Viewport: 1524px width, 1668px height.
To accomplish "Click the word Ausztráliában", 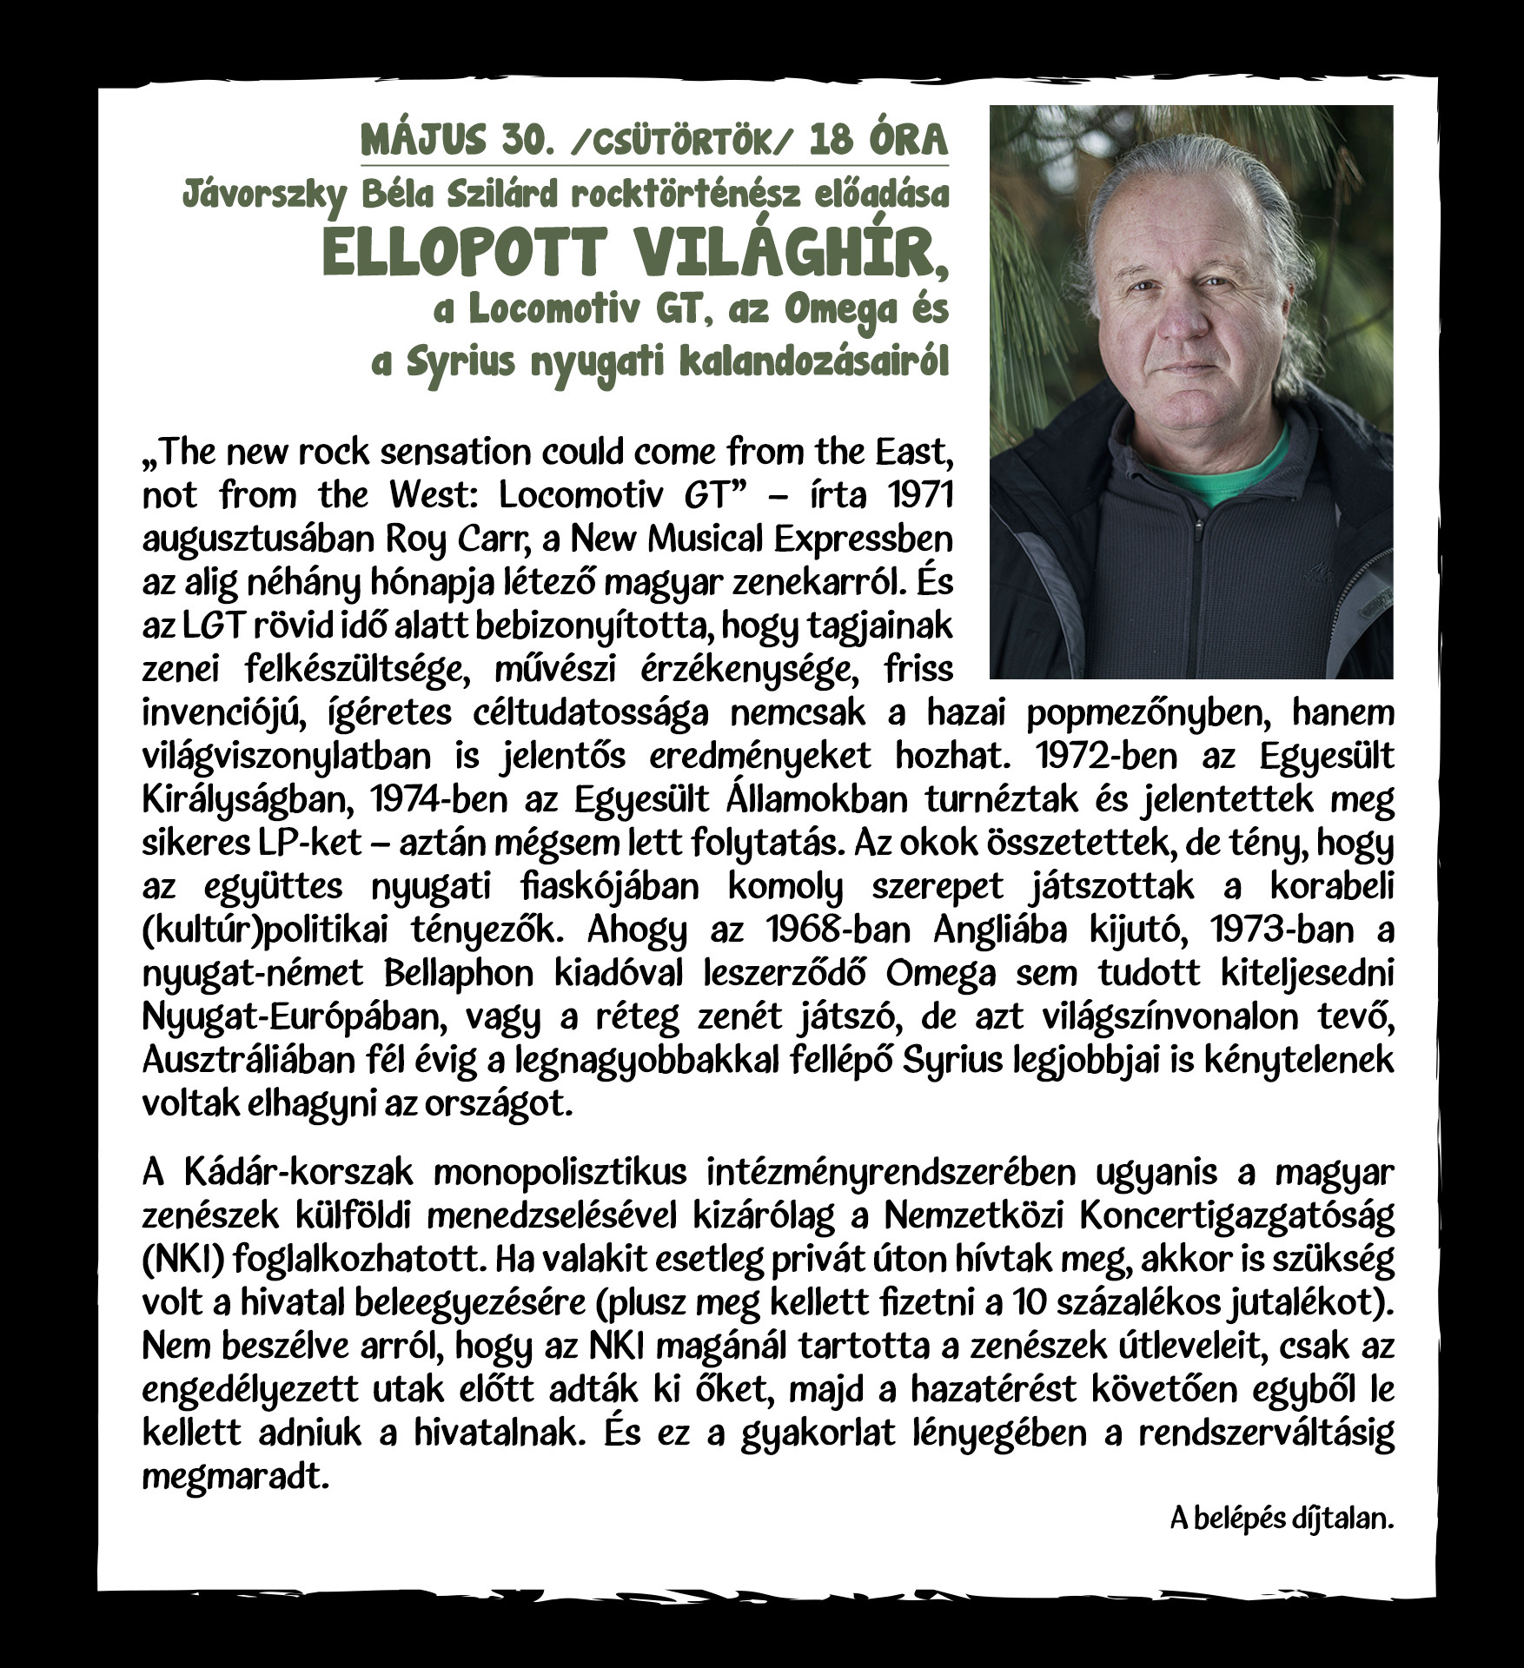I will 248,1060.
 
